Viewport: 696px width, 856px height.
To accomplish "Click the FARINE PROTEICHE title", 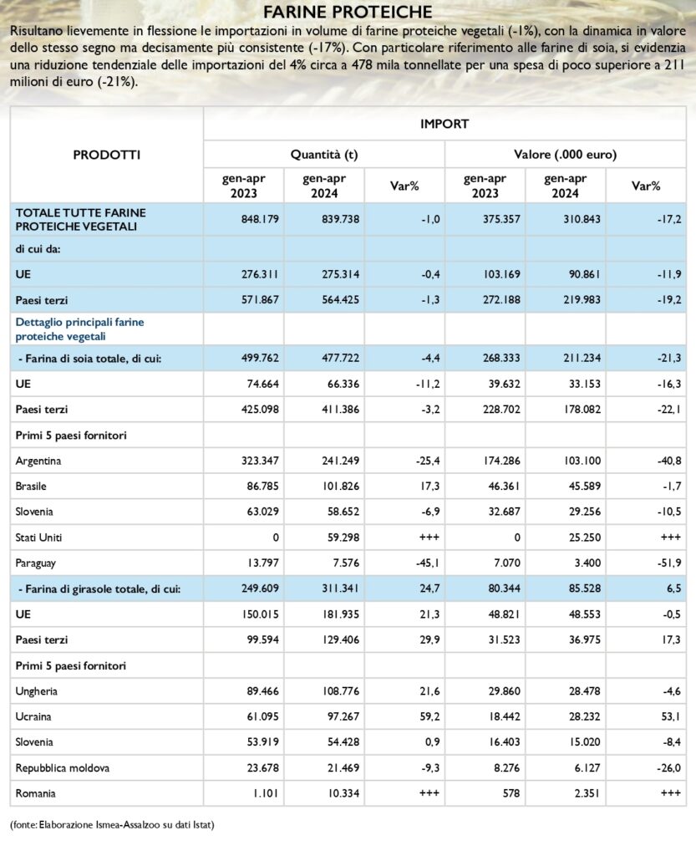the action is tap(348, 12).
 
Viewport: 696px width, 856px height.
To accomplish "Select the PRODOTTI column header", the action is tap(107, 155).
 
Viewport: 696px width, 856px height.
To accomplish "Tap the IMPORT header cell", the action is tap(444, 124).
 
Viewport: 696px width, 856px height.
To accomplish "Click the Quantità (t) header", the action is tap(324, 155).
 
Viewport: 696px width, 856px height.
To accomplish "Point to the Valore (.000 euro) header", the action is tap(565, 155).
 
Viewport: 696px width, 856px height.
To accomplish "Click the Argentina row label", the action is tap(38, 461).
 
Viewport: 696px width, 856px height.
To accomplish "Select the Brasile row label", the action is tap(31, 487).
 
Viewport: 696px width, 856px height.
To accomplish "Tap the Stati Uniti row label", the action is tap(38, 538).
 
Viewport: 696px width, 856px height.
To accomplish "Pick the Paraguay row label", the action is tap(35, 563).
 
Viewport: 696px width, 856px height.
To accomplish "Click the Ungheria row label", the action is tap(36, 691).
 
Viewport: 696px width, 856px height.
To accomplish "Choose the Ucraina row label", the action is tap(33, 716).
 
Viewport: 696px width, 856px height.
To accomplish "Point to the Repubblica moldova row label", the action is tap(62, 768).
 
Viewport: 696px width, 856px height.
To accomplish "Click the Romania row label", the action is tap(35, 794).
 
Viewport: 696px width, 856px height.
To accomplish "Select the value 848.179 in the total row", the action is tap(260, 219).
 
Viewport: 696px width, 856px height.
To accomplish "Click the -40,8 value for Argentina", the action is tap(669, 461).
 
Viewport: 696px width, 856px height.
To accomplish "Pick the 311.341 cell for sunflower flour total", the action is tap(340, 588).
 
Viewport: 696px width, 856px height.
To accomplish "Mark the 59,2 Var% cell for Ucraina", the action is tap(429, 716).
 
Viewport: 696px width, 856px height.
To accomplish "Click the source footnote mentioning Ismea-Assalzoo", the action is tap(112, 825).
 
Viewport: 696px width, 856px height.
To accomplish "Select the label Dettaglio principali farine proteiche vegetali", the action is tap(79, 329).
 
